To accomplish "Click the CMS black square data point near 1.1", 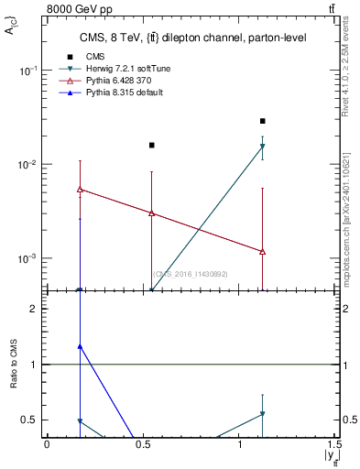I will coord(263,121).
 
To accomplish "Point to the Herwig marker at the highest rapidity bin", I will coord(263,146).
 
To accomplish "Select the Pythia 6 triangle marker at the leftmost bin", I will coord(81,190).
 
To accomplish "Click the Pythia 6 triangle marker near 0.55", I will coord(152,213).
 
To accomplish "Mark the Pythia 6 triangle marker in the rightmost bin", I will coord(263,251).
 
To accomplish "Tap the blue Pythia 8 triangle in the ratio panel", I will coord(81,347).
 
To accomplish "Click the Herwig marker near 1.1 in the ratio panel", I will coord(263,414).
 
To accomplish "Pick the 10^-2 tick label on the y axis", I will coord(27,165).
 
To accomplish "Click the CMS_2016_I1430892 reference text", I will coord(190,274).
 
